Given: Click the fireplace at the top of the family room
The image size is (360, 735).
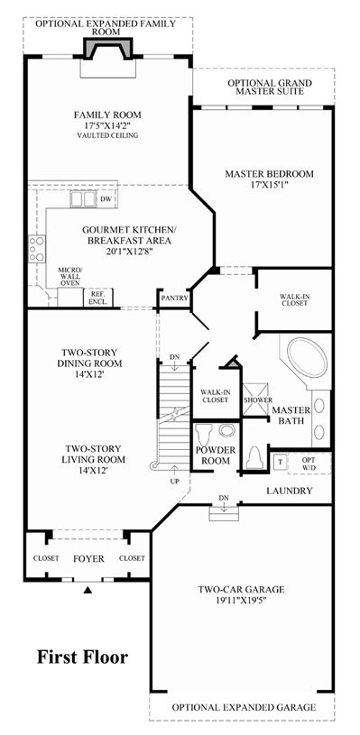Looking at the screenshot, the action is pyautogui.click(x=107, y=48).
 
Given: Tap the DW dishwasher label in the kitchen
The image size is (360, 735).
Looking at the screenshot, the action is pyautogui.click(x=106, y=199).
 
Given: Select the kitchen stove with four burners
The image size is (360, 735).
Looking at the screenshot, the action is pyautogui.click(x=37, y=249).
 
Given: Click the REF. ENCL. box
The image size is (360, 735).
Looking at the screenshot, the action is pyautogui.click(x=98, y=298).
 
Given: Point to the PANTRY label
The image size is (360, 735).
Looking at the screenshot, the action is pyautogui.click(x=174, y=299).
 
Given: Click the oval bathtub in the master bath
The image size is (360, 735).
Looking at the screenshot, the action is pyautogui.click(x=307, y=357).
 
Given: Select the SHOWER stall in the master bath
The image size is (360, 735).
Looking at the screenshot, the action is pyautogui.click(x=256, y=400).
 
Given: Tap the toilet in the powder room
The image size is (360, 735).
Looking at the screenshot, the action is pyautogui.click(x=205, y=436).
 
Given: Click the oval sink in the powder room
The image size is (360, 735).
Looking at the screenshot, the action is pyautogui.click(x=227, y=431).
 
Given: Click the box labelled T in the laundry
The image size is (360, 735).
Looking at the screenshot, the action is pyautogui.click(x=281, y=462).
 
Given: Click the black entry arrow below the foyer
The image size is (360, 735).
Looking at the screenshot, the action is pyautogui.click(x=88, y=590).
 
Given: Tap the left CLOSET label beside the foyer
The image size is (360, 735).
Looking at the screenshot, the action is pyautogui.click(x=46, y=558).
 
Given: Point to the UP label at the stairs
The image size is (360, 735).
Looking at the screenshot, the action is pyautogui.click(x=175, y=482).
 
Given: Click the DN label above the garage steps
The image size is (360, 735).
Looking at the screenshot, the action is pyautogui.click(x=224, y=497).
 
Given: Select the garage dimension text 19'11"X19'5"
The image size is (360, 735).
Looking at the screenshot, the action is pyautogui.click(x=242, y=600).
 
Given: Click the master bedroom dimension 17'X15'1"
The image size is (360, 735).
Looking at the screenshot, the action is pyautogui.click(x=269, y=184).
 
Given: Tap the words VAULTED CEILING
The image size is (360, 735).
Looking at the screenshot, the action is pyautogui.click(x=107, y=135).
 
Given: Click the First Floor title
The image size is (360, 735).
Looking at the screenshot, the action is pyautogui.click(x=82, y=657).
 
